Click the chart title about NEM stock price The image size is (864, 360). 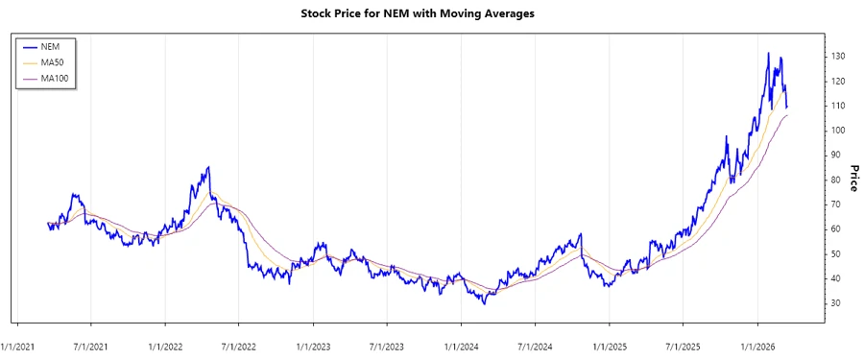pos(431,14)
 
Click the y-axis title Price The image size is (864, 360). pos(850,179)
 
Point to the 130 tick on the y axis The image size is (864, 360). pos(839,57)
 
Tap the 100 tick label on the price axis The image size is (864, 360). pos(839,131)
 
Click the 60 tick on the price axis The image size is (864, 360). pos(836,229)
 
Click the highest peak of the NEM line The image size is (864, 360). pos(768,54)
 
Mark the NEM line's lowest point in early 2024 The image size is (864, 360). pos(485,303)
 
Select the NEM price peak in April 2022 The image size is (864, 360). pos(208,167)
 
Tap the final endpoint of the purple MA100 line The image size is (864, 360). pos(787,115)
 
